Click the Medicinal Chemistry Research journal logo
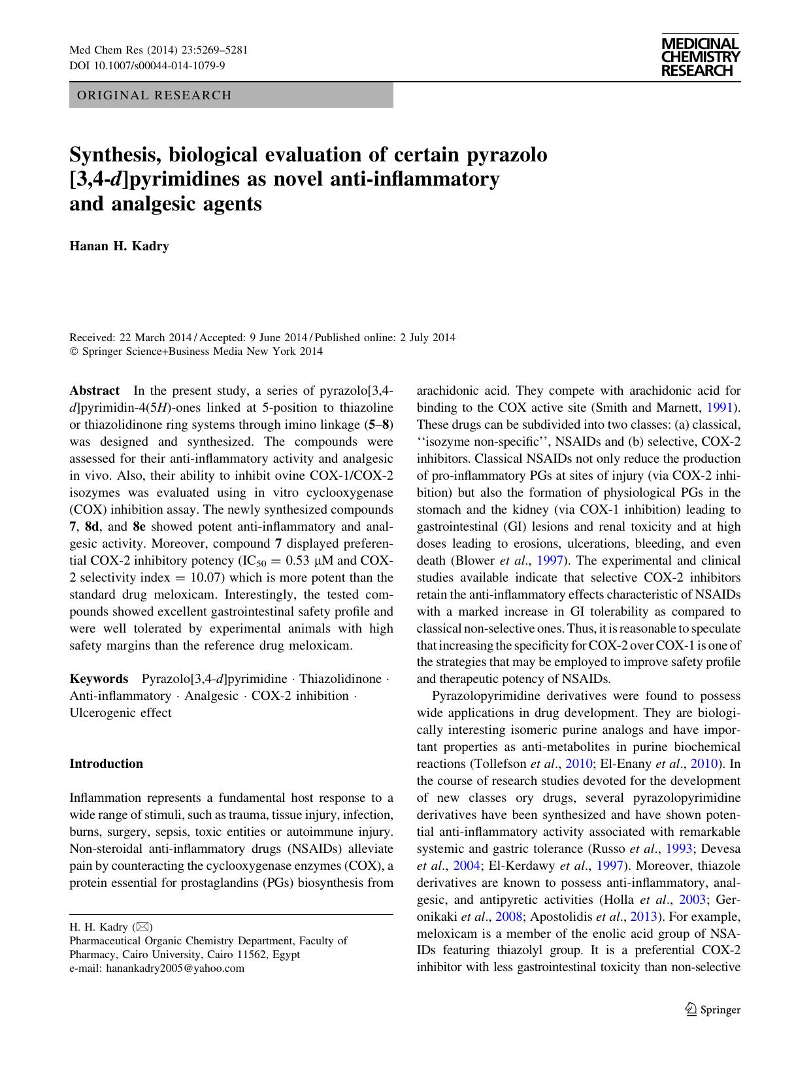[700, 57]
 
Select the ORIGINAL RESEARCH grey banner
[231, 95]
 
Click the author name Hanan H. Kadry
[119, 246]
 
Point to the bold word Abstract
[94, 391]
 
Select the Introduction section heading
[106, 763]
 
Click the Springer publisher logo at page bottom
[712, 1010]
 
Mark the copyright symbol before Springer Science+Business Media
[73, 352]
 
